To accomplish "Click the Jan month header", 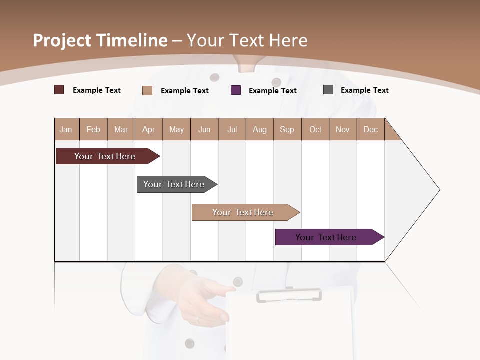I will (x=66, y=129).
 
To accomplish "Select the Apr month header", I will (x=148, y=129).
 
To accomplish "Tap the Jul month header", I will (x=232, y=129).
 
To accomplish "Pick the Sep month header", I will (x=287, y=129).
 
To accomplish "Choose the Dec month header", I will (x=370, y=129).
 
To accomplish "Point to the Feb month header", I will (x=93, y=129).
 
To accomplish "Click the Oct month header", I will (x=315, y=129).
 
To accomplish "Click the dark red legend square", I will (x=59, y=90).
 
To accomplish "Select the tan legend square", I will (x=147, y=90).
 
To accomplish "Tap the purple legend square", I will (x=236, y=90).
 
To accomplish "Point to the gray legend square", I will (x=328, y=90).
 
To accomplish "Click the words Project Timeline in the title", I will (x=100, y=40).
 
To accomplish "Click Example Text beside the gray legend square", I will (x=364, y=90).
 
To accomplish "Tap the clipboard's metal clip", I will (x=289, y=295).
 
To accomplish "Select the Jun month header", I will (x=204, y=129).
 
